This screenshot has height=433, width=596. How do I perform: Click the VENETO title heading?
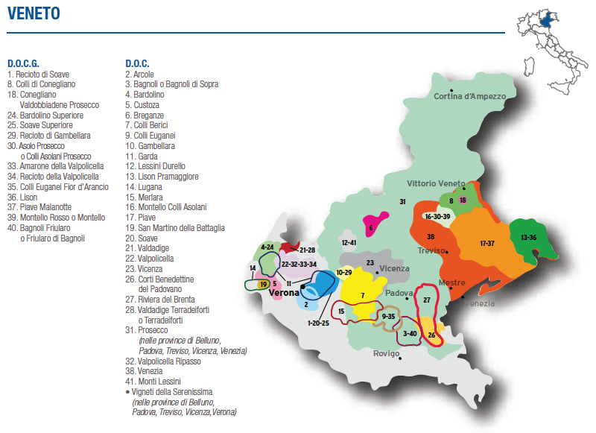click(34, 14)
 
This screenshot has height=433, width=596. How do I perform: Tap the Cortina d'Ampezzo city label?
click(469, 96)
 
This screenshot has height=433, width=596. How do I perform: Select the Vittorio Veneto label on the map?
click(436, 183)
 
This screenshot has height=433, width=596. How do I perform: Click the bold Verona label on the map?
click(284, 293)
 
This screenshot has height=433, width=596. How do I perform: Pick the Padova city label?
click(399, 293)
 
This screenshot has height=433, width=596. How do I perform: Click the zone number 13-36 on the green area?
click(528, 238)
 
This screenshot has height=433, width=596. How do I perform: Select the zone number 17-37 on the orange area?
click(487, 244)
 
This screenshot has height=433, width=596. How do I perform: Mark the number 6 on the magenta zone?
click(370, 228)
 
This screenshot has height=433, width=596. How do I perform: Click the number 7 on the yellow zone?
click(362, 296)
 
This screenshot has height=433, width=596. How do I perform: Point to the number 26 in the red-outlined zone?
click(431, 335)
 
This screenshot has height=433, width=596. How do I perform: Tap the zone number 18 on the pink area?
click(463, 200)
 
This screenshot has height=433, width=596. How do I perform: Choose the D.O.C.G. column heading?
click(23, 63)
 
